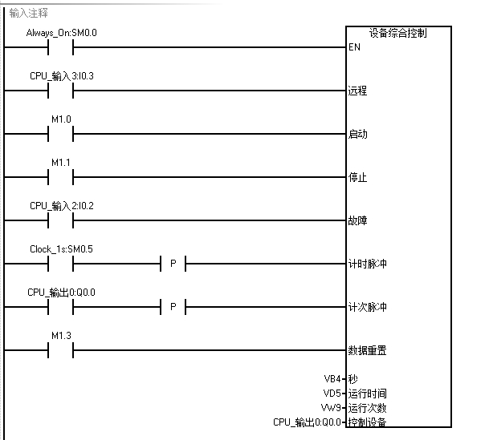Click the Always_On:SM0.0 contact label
pyautogui.click(x=61, y=33)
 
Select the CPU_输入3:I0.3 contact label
pyautogui.click(x=61, y=76)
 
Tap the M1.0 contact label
pyautogui.click(x=62, y=119)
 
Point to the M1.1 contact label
pyautogui.click(x=62, y=163)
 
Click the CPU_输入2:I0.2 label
pyautogui.click(x=62, y=206)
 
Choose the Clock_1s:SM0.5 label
pyautogui.click(x=61, y=249)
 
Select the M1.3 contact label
pyautogui.click(x=62, y=336)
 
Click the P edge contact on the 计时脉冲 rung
pyautogui.click(x=173, y=264)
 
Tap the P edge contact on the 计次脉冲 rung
pyautogui.click(x=173, y=307)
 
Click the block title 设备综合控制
pyautogui.click(x=397, y=34)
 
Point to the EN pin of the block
pyautogui.click(x=354, y=47)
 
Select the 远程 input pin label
pyautogui.click(x=357, y=91)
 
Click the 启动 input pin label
pyautogui.click(x=357, y=134)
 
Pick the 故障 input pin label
pyautogui.click(x=357, y=220)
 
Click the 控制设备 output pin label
pyautogui.click(x=367, y=422)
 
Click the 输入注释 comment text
pyautogui.click(x=29, y=13)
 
